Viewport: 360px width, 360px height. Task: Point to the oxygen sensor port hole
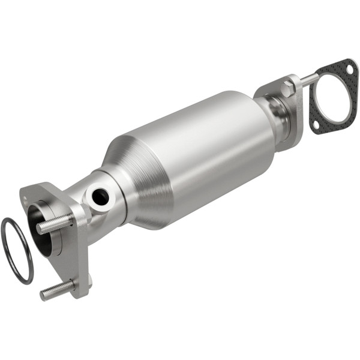tap(98, 195)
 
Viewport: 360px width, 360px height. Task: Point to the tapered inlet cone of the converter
tap(135, 174)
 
